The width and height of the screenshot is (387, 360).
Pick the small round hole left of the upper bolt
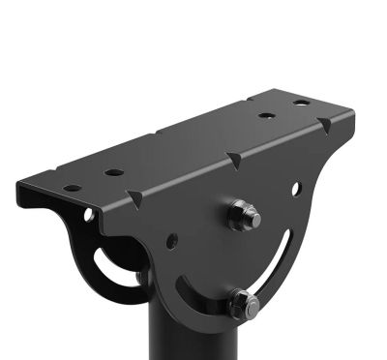171,240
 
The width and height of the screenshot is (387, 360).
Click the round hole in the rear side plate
89,214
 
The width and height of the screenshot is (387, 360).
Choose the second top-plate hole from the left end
114,172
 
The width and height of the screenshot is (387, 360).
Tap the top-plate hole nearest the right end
301,102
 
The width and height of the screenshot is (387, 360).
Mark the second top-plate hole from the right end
266,116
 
